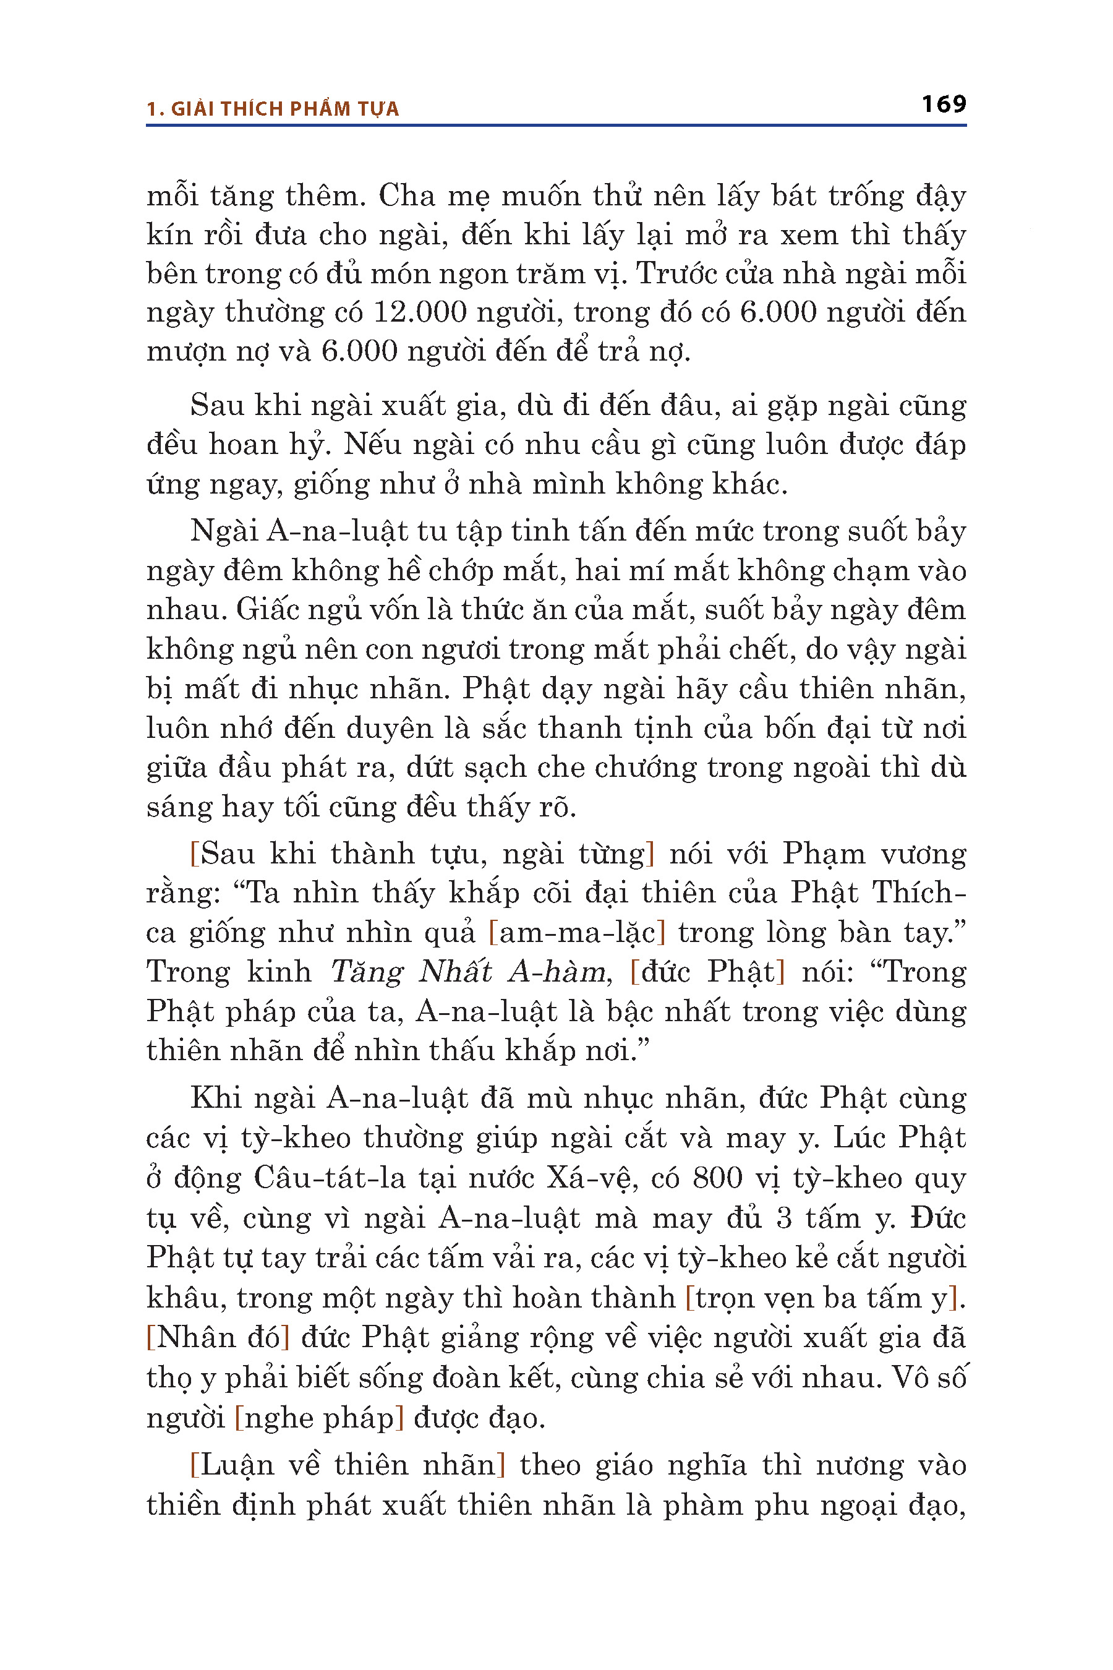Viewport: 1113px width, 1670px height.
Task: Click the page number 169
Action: (944, 105)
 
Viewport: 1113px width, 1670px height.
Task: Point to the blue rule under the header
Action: (556, 126)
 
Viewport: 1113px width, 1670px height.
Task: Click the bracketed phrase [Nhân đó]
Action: (218, 1338)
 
